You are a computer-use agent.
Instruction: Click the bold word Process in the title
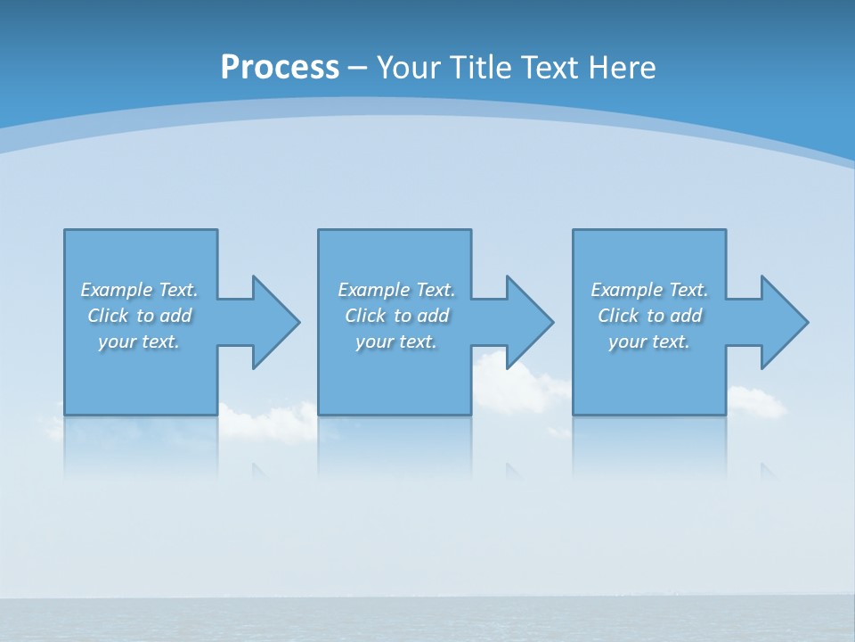pyautogui.click(x=280, y=68)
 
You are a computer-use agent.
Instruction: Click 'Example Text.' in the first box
pyautogui.click(x=139, y=290)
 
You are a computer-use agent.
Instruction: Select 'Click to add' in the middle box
pyautogui.click(x=396, y=316)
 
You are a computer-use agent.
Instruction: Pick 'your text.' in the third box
pyautogui.click(x=649, y=342)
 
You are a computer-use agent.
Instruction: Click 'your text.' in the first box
pyautogui.click(x=139, y=342)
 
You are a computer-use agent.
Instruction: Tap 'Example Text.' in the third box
pyautogui.click(x=649, y=290)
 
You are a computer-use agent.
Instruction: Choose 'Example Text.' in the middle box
pyautogui.click(x=396, y=290)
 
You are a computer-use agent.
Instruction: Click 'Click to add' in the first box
pyautogui.click(x=139, y=316)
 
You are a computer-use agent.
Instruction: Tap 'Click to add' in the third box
pyautogui.click(x=649, y=316)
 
